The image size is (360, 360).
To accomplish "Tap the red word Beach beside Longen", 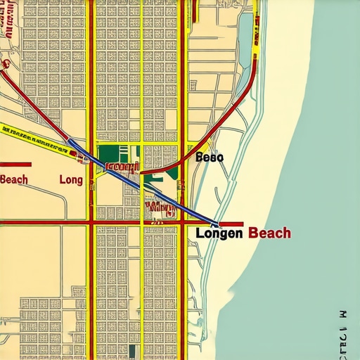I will (x=269, y=233).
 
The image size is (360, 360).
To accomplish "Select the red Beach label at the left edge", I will (x=14, y=179).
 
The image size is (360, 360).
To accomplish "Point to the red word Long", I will (x=71, y=180).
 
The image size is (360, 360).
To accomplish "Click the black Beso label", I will (x=209, y=157).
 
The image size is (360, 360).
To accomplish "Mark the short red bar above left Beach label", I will (x=15, y=165).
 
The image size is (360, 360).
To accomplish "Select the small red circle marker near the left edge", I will (x=5, y=64).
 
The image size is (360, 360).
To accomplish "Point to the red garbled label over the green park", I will (x=123, y=167).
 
